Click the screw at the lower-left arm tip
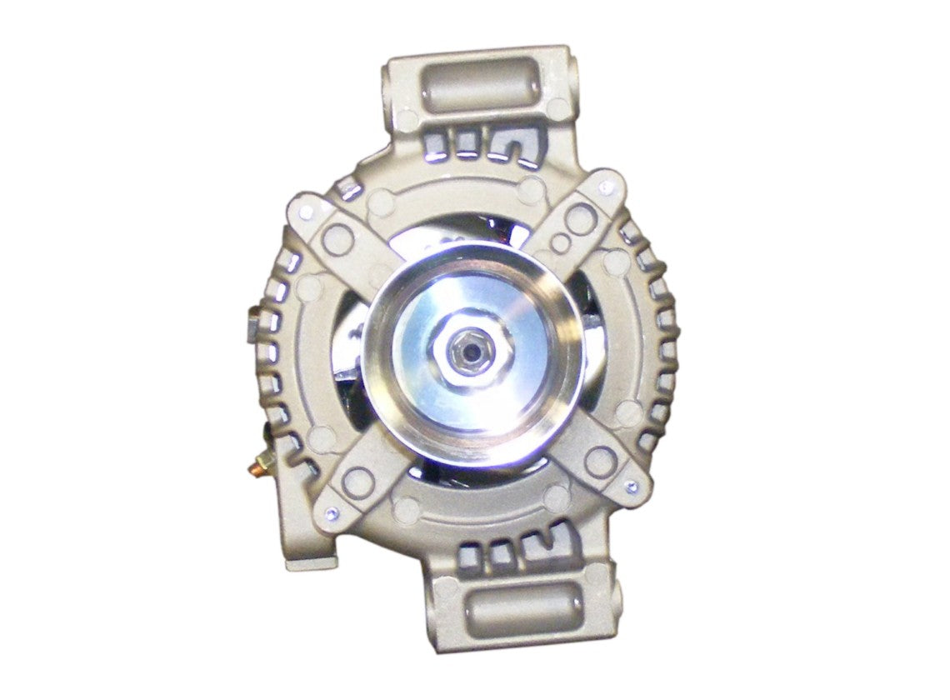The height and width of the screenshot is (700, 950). coord(332,512)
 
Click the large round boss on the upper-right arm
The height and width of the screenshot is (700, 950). coord(580,217)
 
